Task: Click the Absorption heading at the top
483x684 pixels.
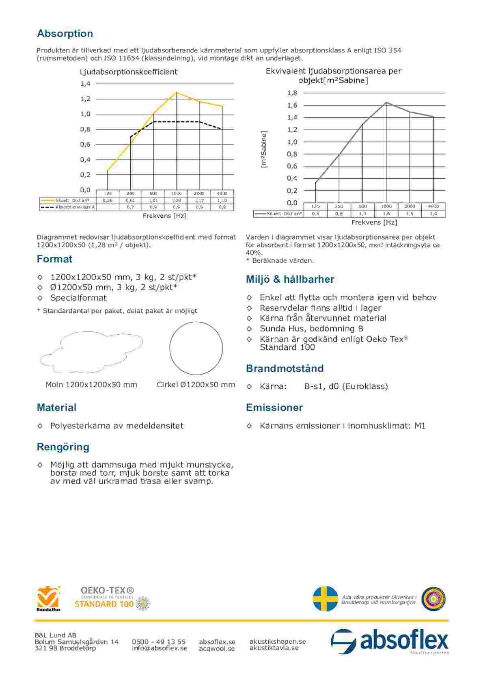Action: click(65, 33)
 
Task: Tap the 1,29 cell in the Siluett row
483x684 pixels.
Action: click(176, 200)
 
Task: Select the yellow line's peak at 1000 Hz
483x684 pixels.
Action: click(176, 93)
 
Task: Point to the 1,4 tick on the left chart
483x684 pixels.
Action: click(85, 84)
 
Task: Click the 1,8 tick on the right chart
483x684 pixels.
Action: click(292, 93)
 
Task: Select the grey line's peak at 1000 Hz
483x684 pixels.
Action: click(386, 102)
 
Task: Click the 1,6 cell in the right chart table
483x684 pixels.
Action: click(386, 214)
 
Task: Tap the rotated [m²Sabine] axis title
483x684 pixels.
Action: click(264, 149)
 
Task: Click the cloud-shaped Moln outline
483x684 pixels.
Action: click(91, 352)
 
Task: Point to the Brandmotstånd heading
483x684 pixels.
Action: click(285, 368)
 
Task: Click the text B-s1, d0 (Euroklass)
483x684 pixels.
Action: click(346, 386)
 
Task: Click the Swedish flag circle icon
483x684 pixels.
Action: click(325, 598)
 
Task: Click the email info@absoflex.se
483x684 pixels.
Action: click(160, 648)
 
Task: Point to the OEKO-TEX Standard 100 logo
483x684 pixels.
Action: click(112, 597)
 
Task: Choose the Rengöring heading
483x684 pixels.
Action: click(63, 447)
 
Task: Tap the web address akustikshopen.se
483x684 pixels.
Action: click(278, 641)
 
